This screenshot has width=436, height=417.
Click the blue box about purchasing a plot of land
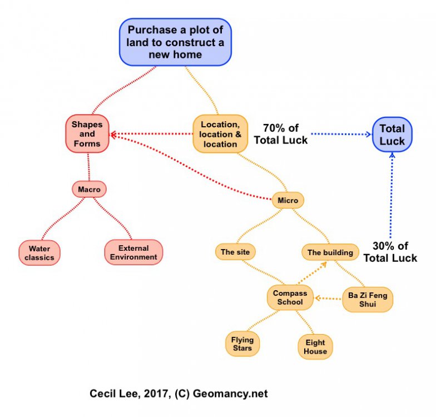click(175, 42)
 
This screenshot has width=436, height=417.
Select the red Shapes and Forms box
click(87, 134)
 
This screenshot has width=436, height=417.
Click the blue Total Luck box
click(392, 135)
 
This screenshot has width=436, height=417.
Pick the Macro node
click(89, 190)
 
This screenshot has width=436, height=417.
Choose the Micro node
click(288, 200)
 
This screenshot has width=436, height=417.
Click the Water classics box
click(39, 253)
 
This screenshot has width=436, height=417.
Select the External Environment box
click(133, 252)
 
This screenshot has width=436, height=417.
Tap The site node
click(235, 252)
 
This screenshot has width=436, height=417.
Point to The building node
click(330, 252)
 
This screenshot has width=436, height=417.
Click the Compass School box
click(289, 297)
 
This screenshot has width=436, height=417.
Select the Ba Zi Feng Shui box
click(367, 299)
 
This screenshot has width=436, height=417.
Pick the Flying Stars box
click(242, 344)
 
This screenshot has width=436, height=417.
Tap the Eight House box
click(315, 348)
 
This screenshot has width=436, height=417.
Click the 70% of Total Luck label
click(281, 135)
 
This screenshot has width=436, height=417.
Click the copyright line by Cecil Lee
click(179, 394)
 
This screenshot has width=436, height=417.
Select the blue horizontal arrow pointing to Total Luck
click(341, 135)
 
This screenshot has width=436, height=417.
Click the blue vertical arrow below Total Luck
click(392, 195)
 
